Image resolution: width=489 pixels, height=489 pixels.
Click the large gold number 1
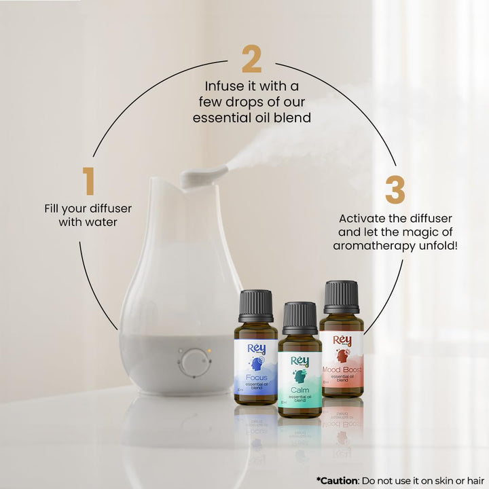click(88, 181)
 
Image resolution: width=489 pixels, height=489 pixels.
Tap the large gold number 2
click(251, 60)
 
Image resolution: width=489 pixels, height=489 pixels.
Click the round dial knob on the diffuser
click(195, 362)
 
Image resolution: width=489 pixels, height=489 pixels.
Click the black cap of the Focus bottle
click(256, 306)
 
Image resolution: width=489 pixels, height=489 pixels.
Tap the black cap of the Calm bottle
click(300, 318)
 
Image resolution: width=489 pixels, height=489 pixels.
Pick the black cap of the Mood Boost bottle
click(341, 297)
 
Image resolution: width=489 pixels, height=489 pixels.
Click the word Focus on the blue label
click(256, 378)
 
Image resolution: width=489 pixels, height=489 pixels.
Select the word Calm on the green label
click(300, 391)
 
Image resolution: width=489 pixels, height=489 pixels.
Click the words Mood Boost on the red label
click(342, 370)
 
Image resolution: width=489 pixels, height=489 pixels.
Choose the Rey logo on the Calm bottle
click(300, 361)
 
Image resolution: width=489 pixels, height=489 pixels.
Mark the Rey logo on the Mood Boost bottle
click(342, 340)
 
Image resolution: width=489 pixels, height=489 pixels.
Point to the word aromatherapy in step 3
click(376, 245)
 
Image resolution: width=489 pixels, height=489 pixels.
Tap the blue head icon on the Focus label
click(256, 364)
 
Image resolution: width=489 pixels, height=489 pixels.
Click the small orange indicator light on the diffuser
click(211, 351)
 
